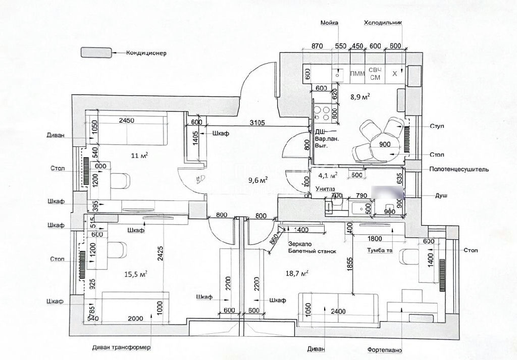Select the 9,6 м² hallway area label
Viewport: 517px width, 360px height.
257,179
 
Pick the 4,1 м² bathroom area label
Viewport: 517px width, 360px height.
327,176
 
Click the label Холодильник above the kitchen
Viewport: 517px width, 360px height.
382,23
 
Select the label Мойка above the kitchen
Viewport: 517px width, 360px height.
329,23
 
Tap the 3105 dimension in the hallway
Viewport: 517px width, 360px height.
259,122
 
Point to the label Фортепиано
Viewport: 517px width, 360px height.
385,349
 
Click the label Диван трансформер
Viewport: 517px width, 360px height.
121,348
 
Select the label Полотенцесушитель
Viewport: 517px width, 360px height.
458,170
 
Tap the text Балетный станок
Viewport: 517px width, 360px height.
312,250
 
